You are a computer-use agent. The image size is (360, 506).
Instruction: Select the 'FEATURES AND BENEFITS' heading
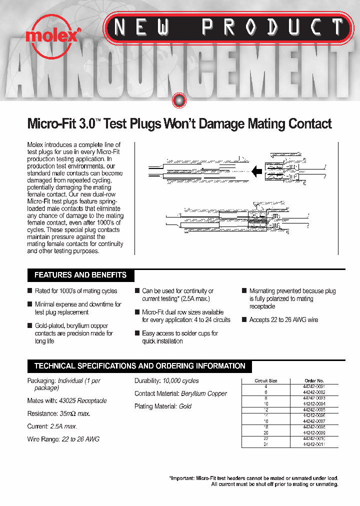(x=80, y=275)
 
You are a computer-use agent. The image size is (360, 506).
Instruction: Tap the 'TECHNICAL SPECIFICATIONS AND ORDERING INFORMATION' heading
(x=139, y=366)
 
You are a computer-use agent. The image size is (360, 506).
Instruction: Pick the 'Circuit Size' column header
(x=265, y=381)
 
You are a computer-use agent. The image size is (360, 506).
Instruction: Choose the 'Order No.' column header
(x=314, y=381)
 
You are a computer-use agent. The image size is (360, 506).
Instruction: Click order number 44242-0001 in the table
(x=314, y=386)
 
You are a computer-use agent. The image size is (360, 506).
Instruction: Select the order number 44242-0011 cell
(x=314, y=444)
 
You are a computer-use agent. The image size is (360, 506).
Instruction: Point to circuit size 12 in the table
(x=265, y=409)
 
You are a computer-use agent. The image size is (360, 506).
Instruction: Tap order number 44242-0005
(x=314, y=409)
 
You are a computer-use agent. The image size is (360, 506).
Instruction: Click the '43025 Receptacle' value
(x=82, y=401)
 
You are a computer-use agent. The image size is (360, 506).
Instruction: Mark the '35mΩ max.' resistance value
(x=74, y=414)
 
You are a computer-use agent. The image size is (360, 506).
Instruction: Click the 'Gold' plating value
(x=185, y=406)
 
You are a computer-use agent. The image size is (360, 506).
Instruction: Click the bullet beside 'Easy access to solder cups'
(x=137, y=333)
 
